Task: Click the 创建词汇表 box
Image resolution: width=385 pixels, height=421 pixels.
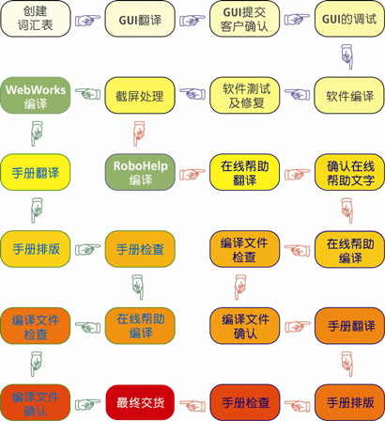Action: point(36,19)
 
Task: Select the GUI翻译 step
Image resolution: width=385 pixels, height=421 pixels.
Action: point(140,19)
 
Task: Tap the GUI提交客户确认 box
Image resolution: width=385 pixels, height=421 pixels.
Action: point(244,19)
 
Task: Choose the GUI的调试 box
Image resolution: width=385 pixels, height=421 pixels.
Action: point(349,19)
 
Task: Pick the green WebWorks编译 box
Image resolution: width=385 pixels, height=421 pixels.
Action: point(36,96)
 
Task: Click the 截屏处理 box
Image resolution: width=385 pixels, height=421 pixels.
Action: point(140,96)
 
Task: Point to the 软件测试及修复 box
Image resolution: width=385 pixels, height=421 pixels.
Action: point(244,96)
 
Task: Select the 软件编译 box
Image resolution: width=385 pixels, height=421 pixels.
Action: point(349,96)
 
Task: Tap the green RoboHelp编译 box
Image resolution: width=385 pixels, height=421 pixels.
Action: point(140,172)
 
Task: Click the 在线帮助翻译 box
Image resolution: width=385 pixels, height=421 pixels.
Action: point(244,172)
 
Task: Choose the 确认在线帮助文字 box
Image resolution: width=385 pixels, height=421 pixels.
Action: point(349,172)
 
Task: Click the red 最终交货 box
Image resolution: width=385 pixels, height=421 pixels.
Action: point(140,402)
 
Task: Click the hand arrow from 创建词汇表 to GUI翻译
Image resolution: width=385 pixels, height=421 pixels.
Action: point(87,20)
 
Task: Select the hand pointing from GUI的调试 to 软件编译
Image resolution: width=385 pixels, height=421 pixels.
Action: point(347,56)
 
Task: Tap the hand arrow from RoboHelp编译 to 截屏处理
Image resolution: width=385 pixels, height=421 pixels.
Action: point(138,134)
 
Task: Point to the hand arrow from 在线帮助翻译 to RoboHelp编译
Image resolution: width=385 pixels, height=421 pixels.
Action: point(192,174)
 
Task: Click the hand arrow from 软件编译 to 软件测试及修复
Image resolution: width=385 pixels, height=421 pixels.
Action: point(297,94)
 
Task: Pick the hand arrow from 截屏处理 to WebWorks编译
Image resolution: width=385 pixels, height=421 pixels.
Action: point(87,94)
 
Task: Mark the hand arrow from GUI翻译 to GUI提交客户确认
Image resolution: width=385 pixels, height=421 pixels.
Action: point(192,20)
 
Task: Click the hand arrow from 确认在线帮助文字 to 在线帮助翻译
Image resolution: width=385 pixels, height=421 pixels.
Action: point(297,174)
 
